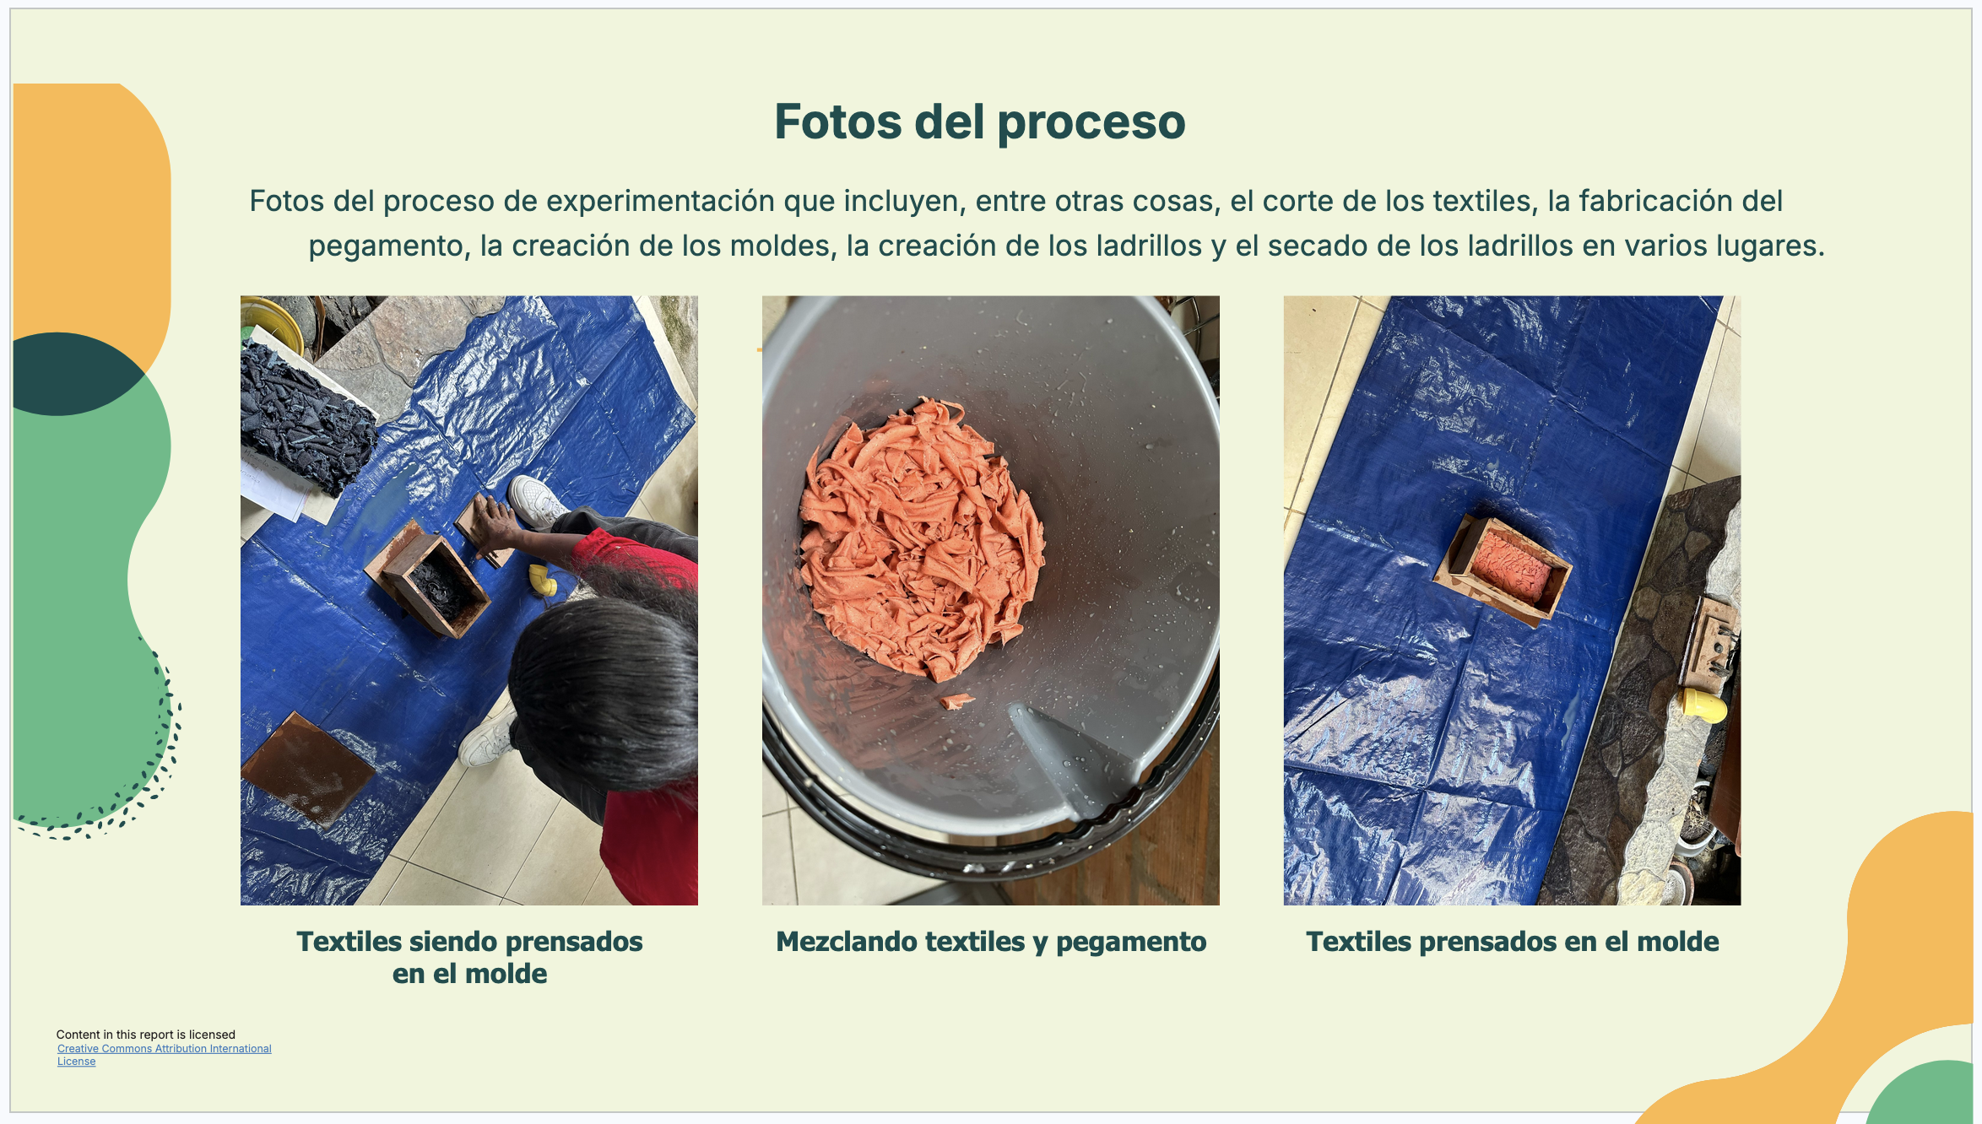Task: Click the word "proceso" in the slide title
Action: pos(1091,123)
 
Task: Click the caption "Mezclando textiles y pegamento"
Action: pos(991,942)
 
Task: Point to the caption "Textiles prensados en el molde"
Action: pos(1512,942)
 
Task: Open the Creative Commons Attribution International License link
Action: pos(164,1055)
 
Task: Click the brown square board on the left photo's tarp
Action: pos(308,767)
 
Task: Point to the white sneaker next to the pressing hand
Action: pos(537,501)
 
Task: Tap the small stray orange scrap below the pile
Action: pos(956,700)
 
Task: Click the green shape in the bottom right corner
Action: pos(1921,1092)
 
